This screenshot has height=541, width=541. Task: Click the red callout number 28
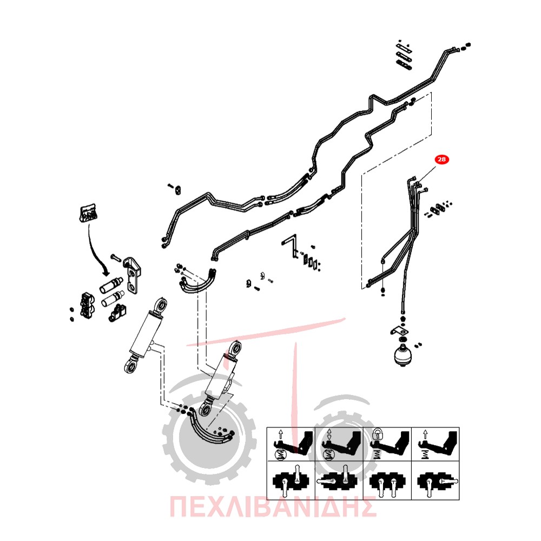441,160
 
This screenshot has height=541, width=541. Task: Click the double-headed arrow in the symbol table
329,434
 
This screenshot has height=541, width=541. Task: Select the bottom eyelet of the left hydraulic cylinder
131,366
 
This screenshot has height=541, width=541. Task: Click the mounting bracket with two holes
132,275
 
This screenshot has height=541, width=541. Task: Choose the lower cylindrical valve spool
113,299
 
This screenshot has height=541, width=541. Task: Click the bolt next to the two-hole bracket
116,258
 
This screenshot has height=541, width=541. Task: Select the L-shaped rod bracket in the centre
291,245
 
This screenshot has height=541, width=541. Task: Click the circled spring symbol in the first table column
280,455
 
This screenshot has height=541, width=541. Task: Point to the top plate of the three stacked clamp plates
404,48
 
